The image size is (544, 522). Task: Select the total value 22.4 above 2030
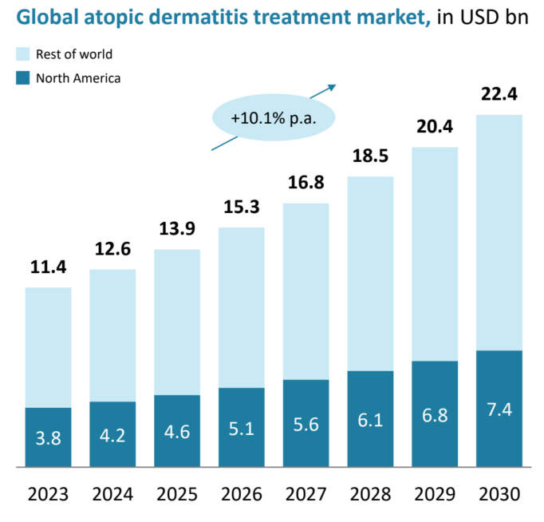[499, 95]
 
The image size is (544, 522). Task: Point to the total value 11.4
[48, 267]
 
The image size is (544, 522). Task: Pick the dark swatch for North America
[22, 78]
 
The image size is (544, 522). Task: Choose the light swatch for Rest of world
[22, 54]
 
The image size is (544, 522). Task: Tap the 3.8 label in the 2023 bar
[48, 438]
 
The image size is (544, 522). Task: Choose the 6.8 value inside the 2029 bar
[435, 416]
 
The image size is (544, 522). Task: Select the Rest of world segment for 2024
[112, 335]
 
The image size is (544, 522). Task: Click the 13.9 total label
[177, 231]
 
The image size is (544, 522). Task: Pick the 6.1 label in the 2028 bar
[371, 421]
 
